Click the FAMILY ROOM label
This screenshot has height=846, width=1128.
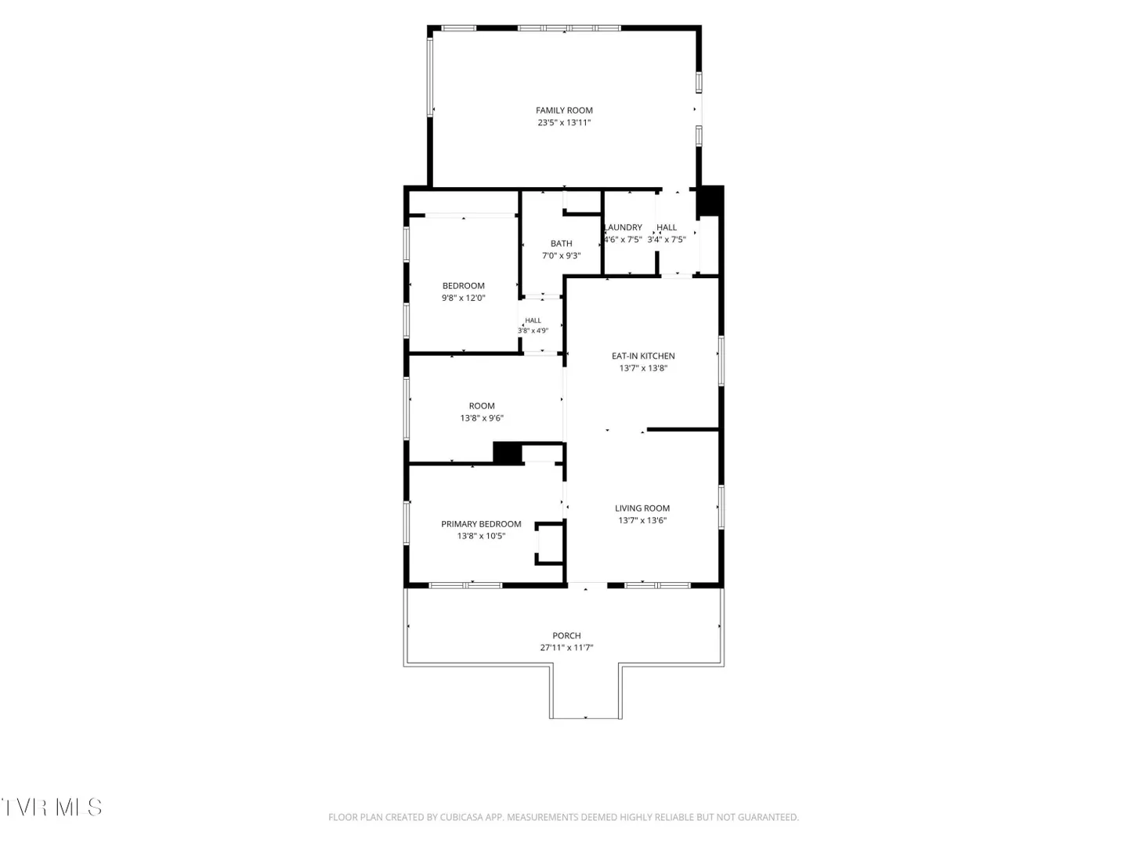(564, 110)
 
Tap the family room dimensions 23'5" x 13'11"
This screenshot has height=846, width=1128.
(564, 123)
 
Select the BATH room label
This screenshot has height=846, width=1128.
(561, 244)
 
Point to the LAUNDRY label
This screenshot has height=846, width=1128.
(624, 227)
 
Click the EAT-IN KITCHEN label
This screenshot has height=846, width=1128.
(643, 356)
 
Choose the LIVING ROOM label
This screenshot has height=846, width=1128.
(642, 508)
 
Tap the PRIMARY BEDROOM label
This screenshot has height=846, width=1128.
(481, 524)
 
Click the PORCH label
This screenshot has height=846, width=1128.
(566, 635)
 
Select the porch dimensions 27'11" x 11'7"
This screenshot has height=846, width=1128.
(566, 648)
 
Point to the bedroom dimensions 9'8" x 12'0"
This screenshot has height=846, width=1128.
(464, 298)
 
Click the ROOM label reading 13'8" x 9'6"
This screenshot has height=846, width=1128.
(482, 406)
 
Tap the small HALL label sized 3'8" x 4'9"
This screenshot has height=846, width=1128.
(533, 320)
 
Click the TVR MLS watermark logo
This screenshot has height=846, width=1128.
(52, 807)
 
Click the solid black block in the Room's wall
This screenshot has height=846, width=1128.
(508, 453)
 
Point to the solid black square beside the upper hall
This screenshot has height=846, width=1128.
(710, 201)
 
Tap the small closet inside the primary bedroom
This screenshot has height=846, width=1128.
(550, 544)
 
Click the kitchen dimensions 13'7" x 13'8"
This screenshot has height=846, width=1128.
(643, 368)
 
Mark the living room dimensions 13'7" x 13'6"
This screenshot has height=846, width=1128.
(642, 520)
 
